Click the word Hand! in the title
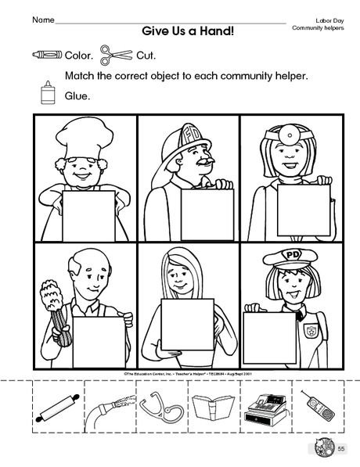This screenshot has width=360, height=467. point(218,31)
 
